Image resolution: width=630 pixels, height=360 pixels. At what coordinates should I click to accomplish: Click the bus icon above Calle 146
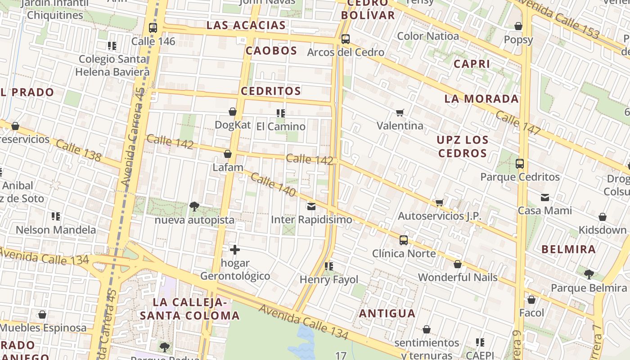coord(153,28)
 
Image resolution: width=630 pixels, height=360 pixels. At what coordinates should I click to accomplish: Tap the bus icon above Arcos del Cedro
coord(346,39)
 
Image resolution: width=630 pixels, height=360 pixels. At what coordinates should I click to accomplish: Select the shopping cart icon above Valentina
coord(400,112)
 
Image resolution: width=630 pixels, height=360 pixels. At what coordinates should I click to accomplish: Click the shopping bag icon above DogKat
coord(233,112)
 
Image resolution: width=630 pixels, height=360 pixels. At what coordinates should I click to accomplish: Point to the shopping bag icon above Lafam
coord(228,154)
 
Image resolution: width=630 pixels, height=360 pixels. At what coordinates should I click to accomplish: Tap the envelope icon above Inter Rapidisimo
coord(311,207)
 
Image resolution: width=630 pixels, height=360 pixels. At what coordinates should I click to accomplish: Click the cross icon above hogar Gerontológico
coord(235,249)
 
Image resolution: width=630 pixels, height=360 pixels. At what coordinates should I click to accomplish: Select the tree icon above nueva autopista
coord(194,207)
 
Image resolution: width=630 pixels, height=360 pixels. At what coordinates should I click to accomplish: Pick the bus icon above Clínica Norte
coord(404,240)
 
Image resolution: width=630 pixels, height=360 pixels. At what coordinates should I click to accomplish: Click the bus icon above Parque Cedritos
coord(520,164)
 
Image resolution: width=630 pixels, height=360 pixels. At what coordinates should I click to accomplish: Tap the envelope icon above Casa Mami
coord(545,197)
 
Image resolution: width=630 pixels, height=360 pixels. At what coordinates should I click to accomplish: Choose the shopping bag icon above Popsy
coord(518,26)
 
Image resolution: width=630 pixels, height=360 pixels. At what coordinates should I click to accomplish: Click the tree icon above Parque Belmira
coord(589,274)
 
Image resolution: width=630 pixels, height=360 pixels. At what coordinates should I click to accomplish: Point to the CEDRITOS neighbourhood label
coord(271,91)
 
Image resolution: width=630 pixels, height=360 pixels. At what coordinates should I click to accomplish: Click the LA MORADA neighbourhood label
coord(481,99)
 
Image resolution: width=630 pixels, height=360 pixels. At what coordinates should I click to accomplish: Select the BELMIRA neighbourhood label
coord(568,249)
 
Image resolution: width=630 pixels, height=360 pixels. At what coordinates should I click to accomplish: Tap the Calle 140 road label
coord(273,184)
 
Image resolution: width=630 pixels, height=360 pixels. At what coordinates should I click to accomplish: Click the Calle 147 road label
coord(518,123)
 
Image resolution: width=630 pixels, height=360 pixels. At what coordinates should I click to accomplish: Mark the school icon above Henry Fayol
coord(329,266)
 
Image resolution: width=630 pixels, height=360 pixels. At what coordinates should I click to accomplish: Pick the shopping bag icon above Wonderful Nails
coord(458,264)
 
